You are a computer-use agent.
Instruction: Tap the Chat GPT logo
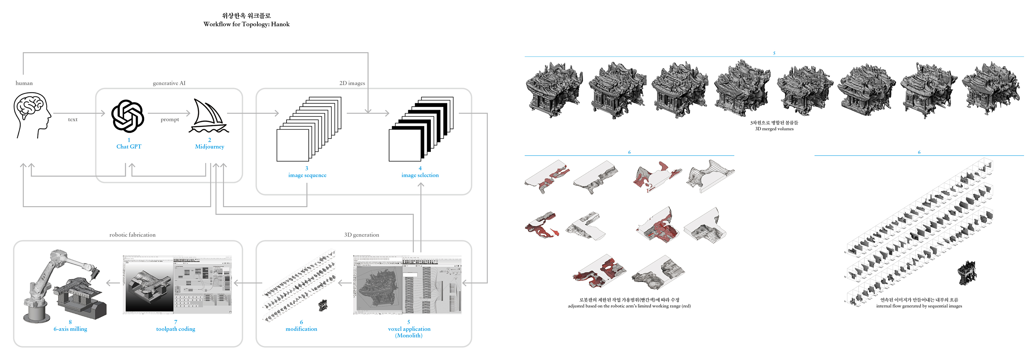click(x=128, y=116)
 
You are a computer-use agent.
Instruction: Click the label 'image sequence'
click(x=307, y=175)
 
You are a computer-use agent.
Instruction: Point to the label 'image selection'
click(x=420, y=175)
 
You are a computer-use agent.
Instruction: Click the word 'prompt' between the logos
click(x=170, y=119)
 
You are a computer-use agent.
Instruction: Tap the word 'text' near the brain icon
click(x=73, y=119)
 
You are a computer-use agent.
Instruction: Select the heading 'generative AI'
click(x=169, y=83)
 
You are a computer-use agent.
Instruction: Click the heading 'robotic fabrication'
click(x=132, y=235)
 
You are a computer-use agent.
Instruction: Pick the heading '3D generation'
click(x=361, y=235)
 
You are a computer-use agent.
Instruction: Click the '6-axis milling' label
click(x=70, y=329)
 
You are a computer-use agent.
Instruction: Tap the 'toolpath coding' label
click(x=176, y=329)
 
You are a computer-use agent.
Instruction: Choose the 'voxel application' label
click(x=409, y=329)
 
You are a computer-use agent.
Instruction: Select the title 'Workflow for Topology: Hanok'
click(x=247, y=24)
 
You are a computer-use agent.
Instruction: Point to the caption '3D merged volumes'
click(x=774, y=129)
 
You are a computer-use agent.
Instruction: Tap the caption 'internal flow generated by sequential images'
click(x=919, y=306)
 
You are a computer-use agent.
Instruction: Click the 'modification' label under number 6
click(x=301, y=329)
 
